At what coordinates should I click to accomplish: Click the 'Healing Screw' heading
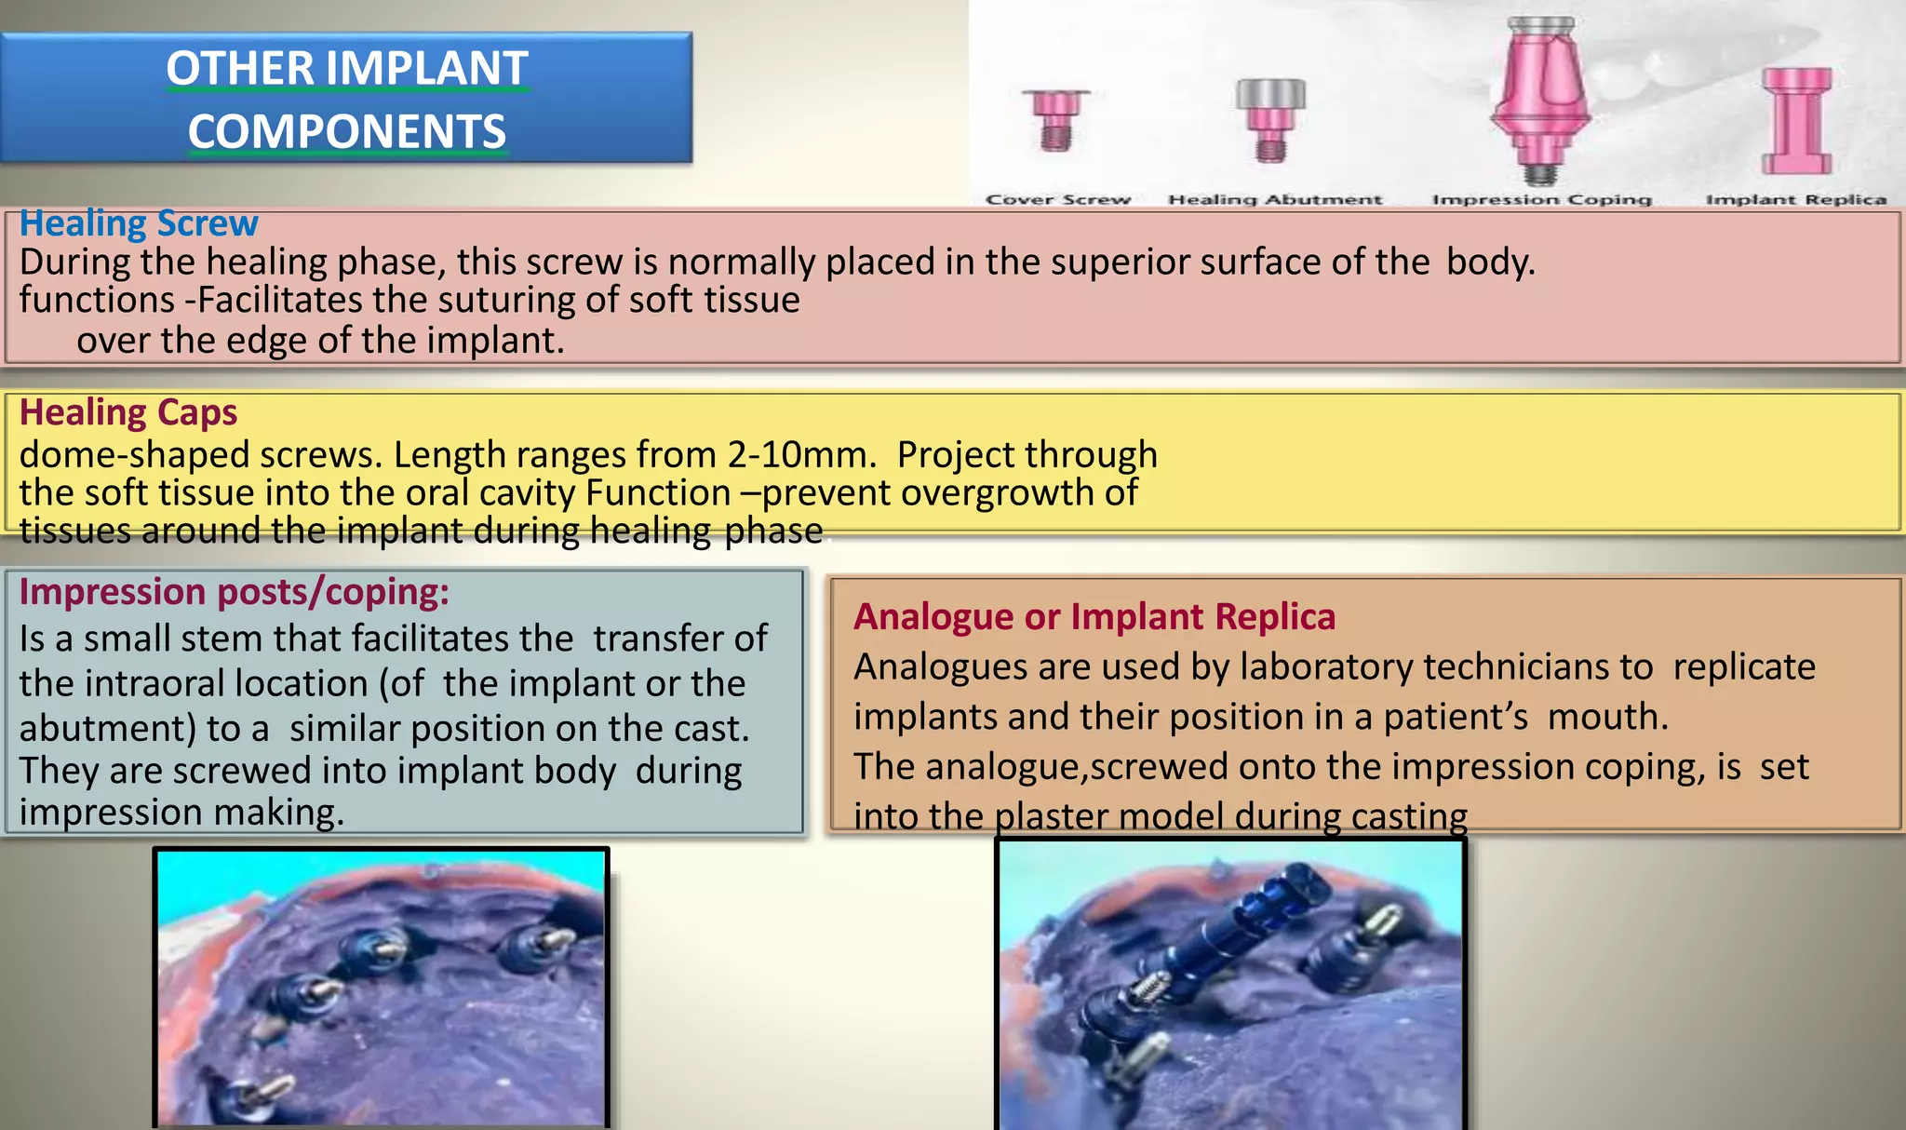[x=139, y=224]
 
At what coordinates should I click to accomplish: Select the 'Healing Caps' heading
[x=128, y=412]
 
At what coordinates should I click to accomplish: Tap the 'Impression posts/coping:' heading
[x=234, y=592]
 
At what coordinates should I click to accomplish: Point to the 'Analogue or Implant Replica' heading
[x=1094, y=616]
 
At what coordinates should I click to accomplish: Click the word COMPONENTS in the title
[x=347, y=131]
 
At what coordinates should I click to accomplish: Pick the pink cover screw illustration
[x=1056, y=120]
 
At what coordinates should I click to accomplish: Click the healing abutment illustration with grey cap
[x=1271, y=119]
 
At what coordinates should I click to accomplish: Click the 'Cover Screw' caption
[x=1058, y=199]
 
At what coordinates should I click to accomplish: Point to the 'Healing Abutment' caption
[x=1275, y=199]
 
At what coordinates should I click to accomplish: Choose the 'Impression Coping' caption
[x=1541, y=199]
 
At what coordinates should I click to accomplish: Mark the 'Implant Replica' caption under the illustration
[x=1795, y=199]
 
